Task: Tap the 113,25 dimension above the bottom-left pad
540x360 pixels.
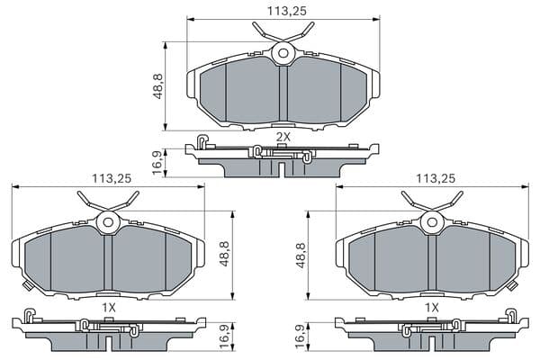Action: point(112,178)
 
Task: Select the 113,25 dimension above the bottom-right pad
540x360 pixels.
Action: point(436,178)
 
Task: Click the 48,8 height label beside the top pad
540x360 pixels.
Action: point(158,86)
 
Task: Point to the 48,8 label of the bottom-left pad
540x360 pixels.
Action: point(224,254)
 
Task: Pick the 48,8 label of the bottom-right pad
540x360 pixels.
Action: point(301,256)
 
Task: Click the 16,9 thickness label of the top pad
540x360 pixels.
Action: point(158,162)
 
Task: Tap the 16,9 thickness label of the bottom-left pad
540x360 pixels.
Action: point(224,337)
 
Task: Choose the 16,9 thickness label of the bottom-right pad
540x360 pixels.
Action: point(301,337)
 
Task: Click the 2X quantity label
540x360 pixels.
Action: point(283,137)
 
